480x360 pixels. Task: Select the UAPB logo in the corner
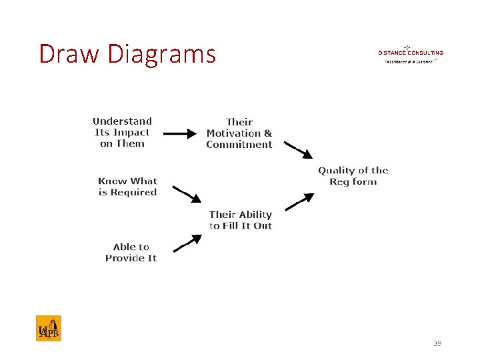49,328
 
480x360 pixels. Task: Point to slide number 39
437,343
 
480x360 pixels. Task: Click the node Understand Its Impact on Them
122,132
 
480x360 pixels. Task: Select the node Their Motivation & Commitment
239,133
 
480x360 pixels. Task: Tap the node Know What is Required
127,187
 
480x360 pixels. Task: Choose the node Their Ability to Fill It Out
240,220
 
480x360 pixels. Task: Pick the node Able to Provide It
131,252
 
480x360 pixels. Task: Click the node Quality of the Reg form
353,176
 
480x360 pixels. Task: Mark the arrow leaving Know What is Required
187,193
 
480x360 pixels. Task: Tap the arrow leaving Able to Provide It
187,243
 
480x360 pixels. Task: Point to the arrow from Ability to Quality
299,201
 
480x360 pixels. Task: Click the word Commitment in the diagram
239,144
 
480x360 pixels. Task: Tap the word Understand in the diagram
122,121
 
